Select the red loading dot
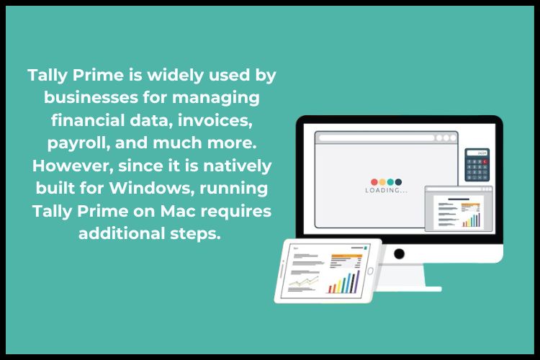tap(374, 181)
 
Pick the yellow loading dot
tap(382, 181)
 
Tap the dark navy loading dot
tap(398, 181)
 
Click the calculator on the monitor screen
tap(477, 167)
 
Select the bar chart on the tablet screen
tap(343, 281)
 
